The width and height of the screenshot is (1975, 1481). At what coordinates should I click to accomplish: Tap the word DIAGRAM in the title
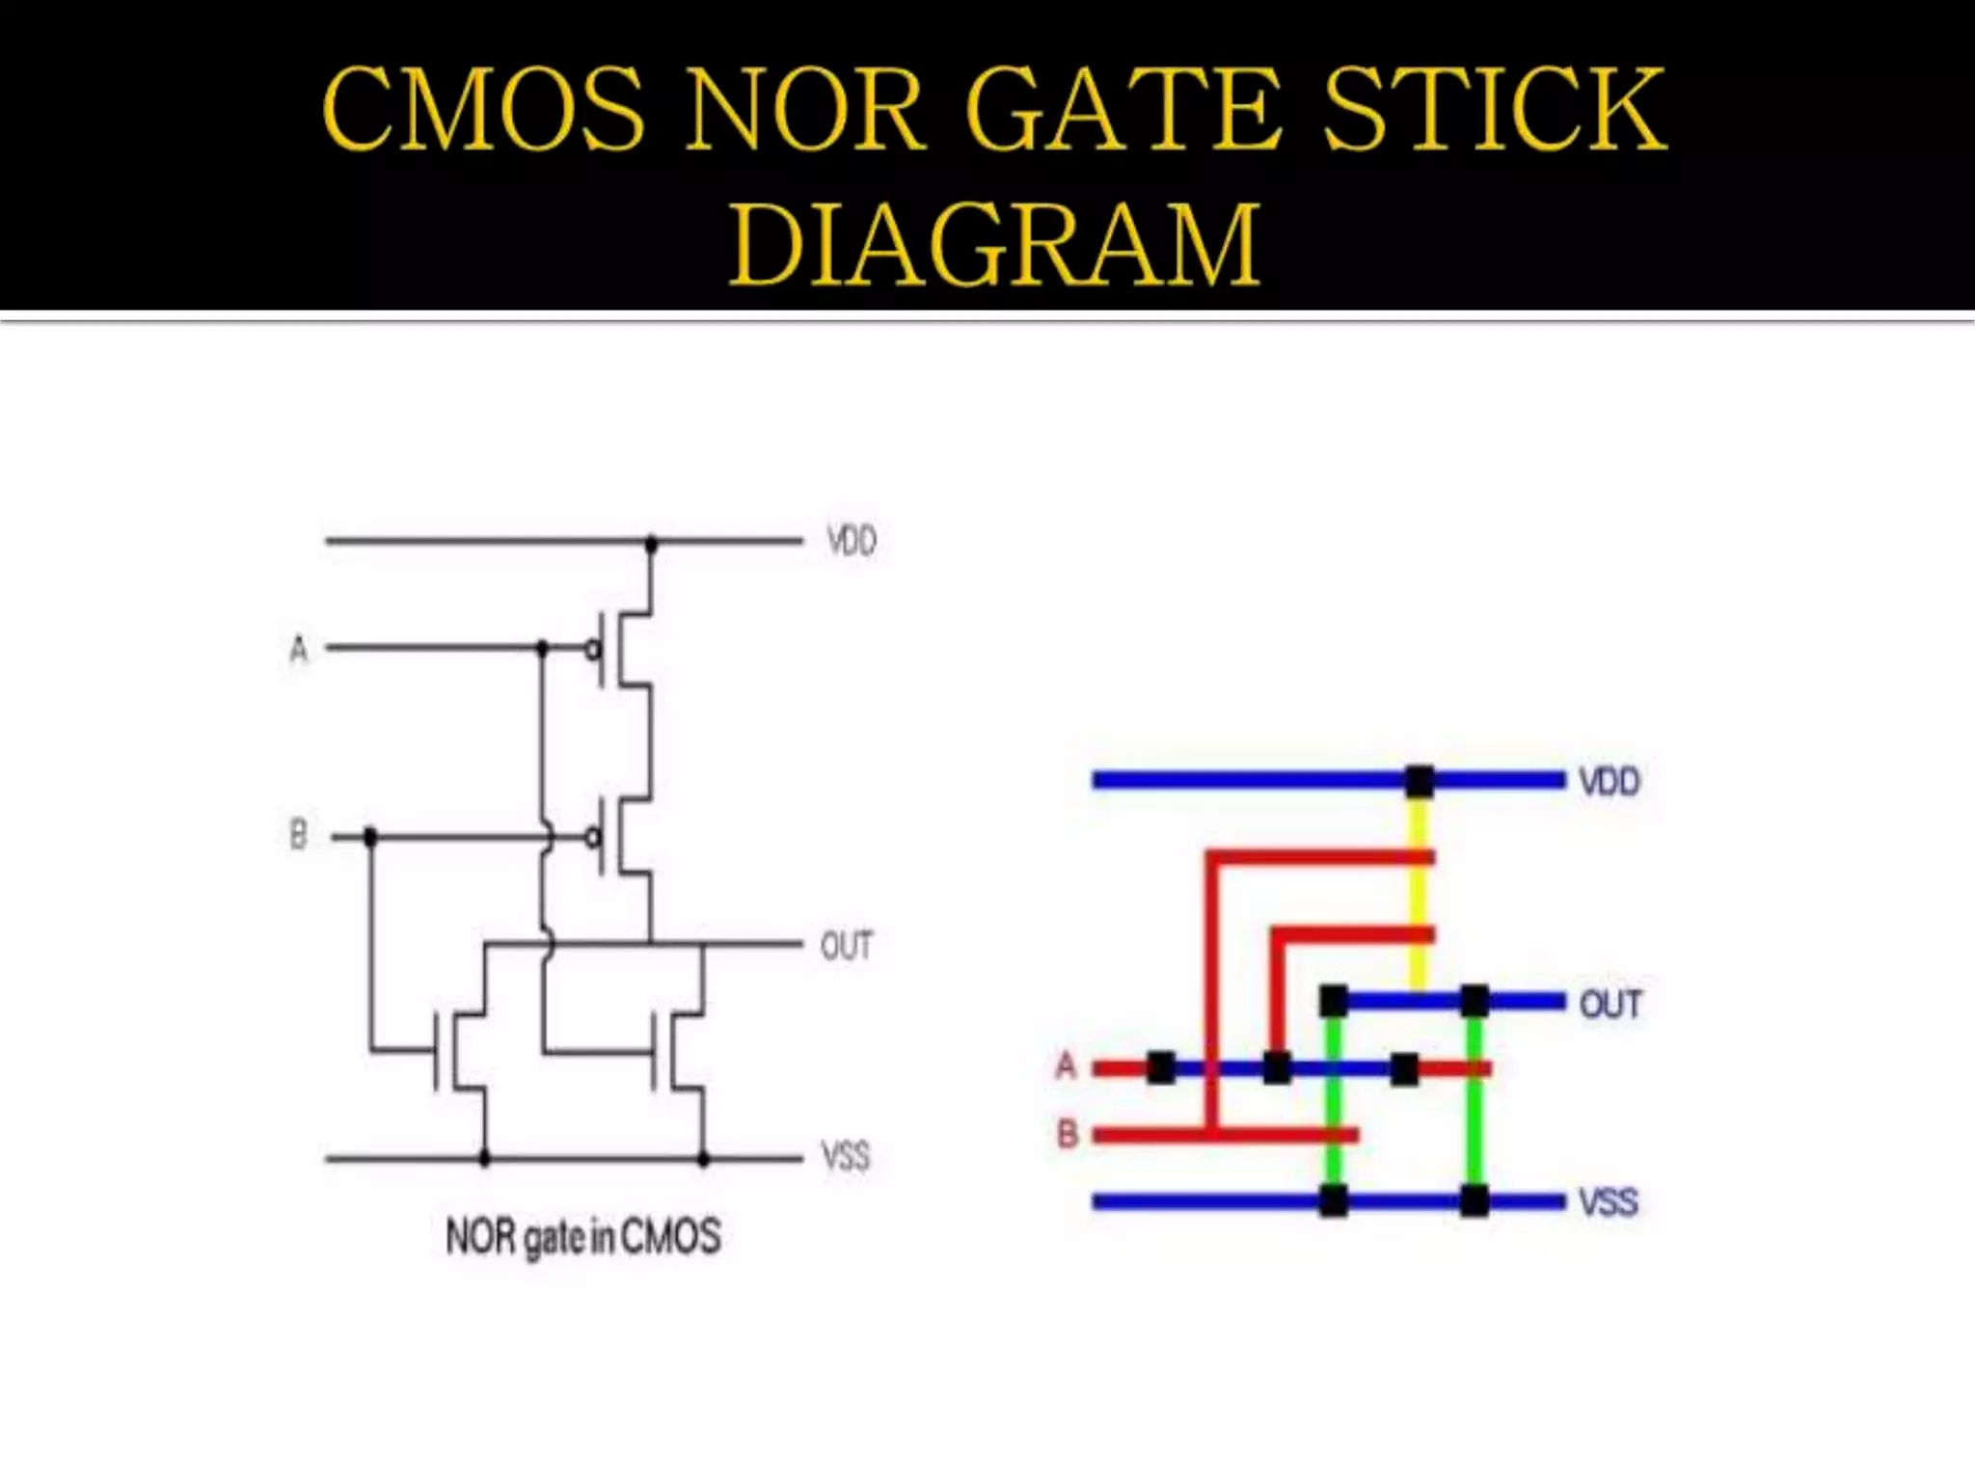point(994,245)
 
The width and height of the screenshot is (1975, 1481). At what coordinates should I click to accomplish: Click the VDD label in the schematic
point(852,541)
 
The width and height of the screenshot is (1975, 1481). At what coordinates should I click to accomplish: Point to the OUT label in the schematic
point(846,946)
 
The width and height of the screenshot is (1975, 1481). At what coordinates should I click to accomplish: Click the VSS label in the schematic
point(845,1155)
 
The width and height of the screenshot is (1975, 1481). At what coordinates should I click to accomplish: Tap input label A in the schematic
point(299,649)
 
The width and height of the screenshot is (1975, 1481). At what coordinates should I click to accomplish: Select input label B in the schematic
point(298,834)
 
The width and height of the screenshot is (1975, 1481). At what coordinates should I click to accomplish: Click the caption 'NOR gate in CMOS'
point(582,1237)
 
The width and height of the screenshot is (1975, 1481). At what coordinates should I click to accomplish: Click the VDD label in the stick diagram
point(1609,781)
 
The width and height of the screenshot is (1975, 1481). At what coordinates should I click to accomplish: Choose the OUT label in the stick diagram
point(1610,1005)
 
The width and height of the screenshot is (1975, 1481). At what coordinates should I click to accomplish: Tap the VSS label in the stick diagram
point(1608,1202)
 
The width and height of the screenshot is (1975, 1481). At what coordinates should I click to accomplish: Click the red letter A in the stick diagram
point(1066,1065)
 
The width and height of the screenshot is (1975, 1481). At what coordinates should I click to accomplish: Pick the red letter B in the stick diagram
point(1067,1134)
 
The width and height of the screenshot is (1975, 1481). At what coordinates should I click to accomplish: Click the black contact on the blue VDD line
point(1419,781)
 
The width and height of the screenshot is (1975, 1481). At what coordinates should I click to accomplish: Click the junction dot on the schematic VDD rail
point(651,545)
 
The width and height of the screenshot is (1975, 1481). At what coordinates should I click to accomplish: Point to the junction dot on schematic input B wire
point(370,837)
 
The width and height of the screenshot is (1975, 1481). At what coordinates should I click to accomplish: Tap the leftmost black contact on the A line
point(1161,1067)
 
